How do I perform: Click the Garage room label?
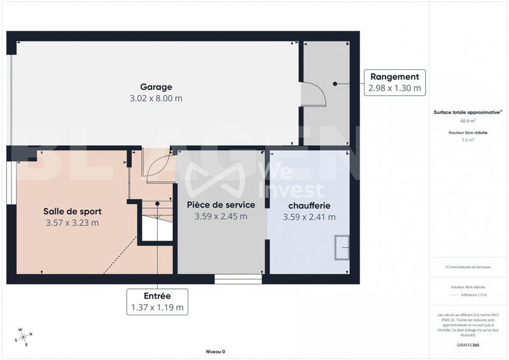(x=157, y=87)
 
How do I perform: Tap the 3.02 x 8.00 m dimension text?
(x=157, y=99)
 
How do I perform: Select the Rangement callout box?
(x=394, y=83)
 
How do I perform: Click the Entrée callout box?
(x=158, y=301)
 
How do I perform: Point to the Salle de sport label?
(x=73, y=211)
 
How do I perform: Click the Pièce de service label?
(x=221, y=205)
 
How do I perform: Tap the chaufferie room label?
(x=309, y=206)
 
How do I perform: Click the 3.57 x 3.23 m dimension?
(x=73, y=223)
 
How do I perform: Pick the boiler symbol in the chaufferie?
(x=342, y=247)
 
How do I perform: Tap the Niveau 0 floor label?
(x=215, y=351)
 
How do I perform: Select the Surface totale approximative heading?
(x=467, y=112)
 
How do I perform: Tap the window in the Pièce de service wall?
(x=238, y=279)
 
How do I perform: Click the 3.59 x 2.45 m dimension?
(x=221, y=216)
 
